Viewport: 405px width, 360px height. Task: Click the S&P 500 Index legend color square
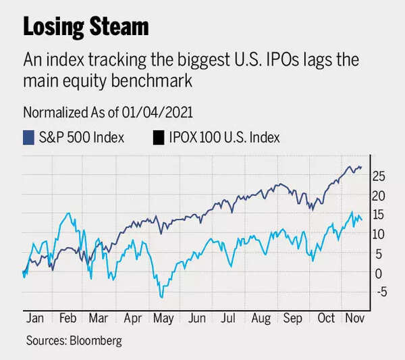29,138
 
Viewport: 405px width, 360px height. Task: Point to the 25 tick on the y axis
379,176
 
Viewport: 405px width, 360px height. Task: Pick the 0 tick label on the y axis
379,274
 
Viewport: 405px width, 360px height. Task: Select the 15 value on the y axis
379,215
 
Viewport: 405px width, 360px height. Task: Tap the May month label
162,317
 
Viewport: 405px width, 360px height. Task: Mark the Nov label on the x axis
353,317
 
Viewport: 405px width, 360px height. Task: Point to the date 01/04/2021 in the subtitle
161,112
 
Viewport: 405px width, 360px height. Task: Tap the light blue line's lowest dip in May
161,297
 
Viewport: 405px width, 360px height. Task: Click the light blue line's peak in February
67,213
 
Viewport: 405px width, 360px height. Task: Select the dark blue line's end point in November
362,167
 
